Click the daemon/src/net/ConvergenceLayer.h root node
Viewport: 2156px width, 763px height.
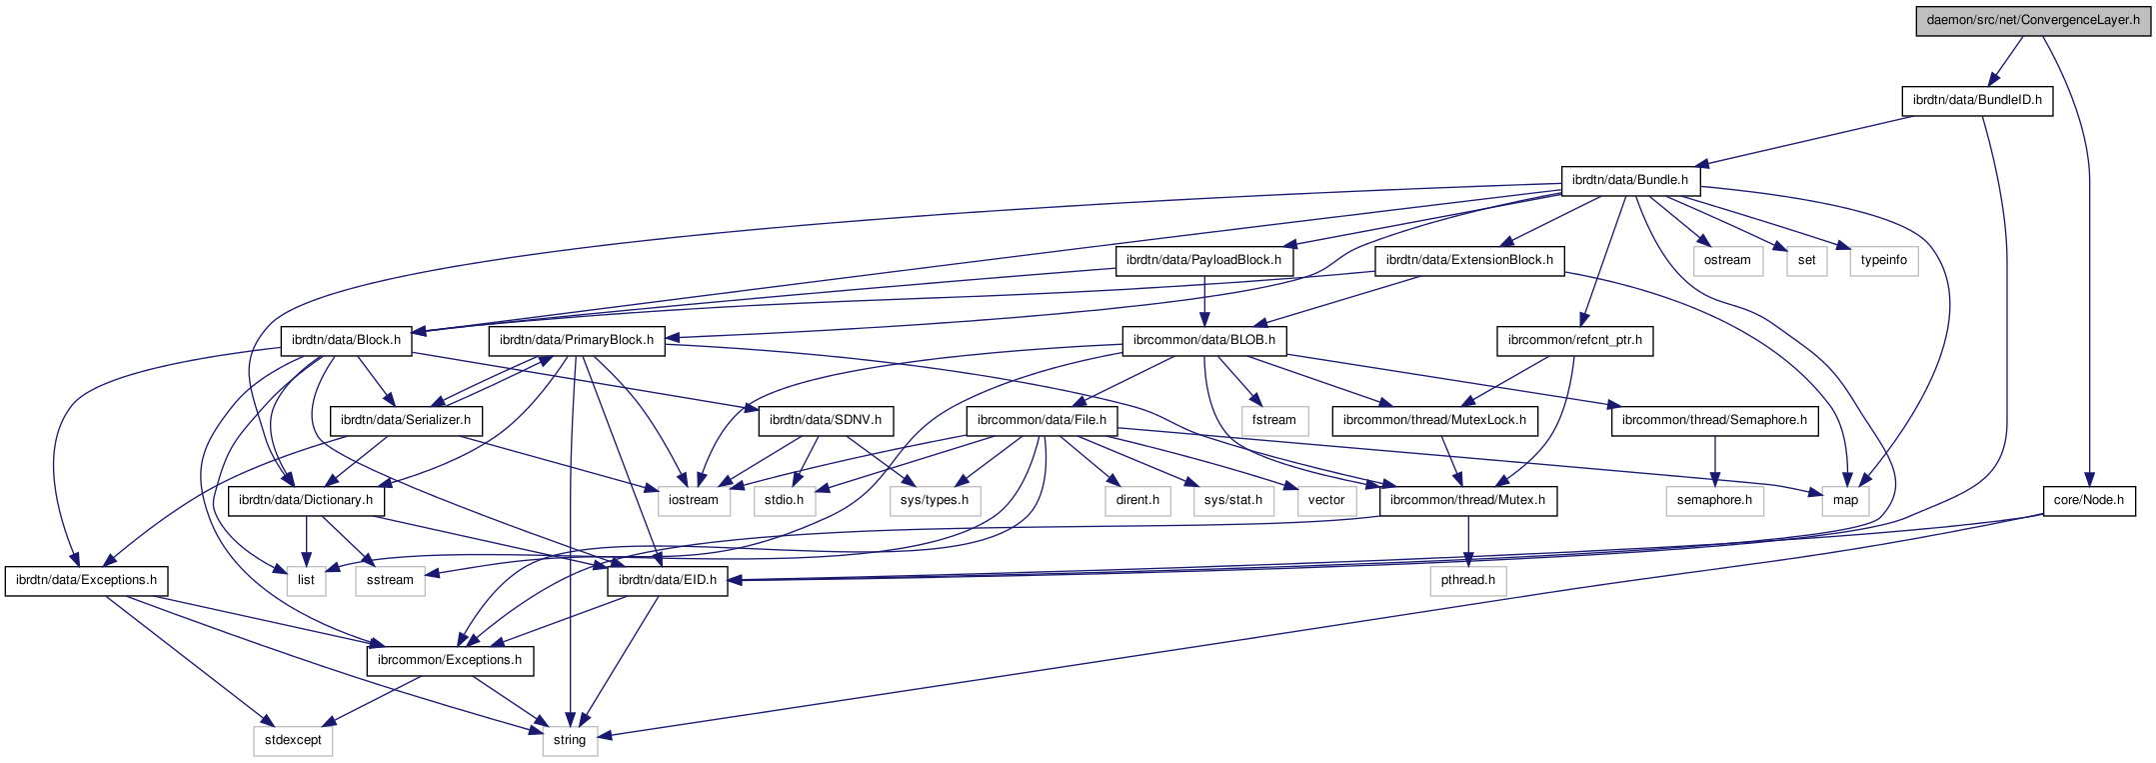coord(2032,20)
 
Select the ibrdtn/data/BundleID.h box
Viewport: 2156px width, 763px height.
coord(1976,100)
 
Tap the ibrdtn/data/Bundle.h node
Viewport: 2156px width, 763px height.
coord(1629,180)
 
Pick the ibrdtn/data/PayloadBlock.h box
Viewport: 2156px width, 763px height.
coord(1203,260)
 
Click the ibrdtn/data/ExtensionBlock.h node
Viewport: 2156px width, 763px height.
coord(1469,260)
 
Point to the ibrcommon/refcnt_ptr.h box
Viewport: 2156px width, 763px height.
coord(1574,340)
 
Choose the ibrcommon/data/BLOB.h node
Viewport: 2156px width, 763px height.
coord(1203,340)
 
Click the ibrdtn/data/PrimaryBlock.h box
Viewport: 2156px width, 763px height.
coord(577,340)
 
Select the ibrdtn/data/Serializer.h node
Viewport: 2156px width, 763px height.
coord(406,420)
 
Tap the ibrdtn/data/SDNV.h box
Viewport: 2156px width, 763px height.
coord(826,420)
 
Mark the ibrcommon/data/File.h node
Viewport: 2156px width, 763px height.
coord(1042,420)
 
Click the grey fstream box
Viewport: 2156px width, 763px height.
coord(1273,420)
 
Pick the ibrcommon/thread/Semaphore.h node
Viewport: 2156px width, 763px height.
coord(1714,420)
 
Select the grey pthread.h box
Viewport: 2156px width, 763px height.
coord(1468,580)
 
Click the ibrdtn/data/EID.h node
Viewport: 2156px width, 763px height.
coord(668,580)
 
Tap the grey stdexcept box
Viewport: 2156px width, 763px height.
coord(293,740)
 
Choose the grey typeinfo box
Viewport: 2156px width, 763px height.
coord(1883,260)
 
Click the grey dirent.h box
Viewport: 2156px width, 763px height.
coord(1137,500)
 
